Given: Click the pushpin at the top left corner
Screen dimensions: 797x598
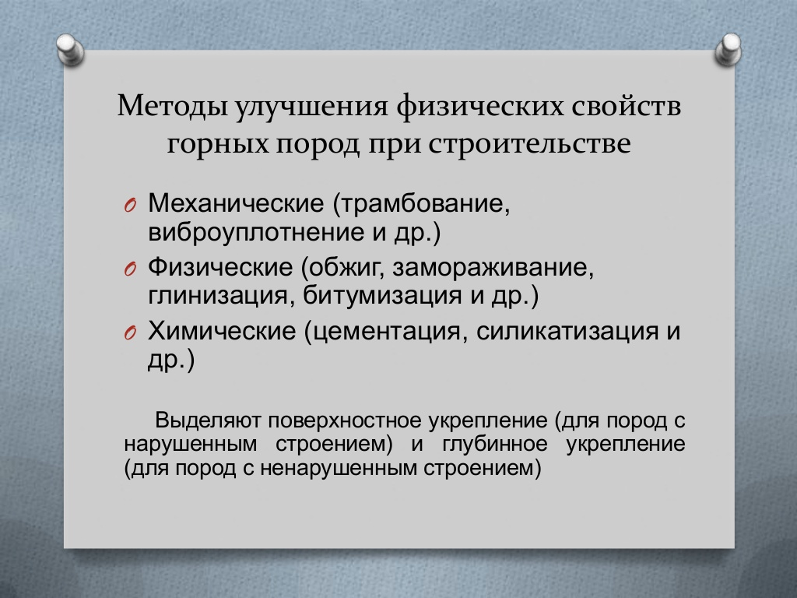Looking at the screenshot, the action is click(x=70, y=50).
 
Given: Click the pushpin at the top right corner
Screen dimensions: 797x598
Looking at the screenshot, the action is click(x=729, y=49).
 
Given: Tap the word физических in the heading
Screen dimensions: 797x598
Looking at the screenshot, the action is click(x=479, y=107).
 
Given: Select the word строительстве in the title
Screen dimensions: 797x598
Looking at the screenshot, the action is click(x=529, y=144).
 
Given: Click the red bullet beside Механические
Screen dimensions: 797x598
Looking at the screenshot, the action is click(x=130, y=206).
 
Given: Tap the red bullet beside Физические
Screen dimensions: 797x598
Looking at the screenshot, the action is click(x=130, y=269).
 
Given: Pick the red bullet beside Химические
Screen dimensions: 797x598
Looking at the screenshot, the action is click(x=130, y=333).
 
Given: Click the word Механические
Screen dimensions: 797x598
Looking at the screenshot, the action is click(x=236, y=203).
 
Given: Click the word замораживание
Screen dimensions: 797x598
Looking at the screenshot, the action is click(x=493, y=268).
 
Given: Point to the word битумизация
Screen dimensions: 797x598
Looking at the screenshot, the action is click(x=383, y=295).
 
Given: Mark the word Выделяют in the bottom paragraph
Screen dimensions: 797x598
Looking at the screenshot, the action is click(x=209, y=420).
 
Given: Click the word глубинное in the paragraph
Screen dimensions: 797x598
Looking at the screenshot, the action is click(x=495, y=445).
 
